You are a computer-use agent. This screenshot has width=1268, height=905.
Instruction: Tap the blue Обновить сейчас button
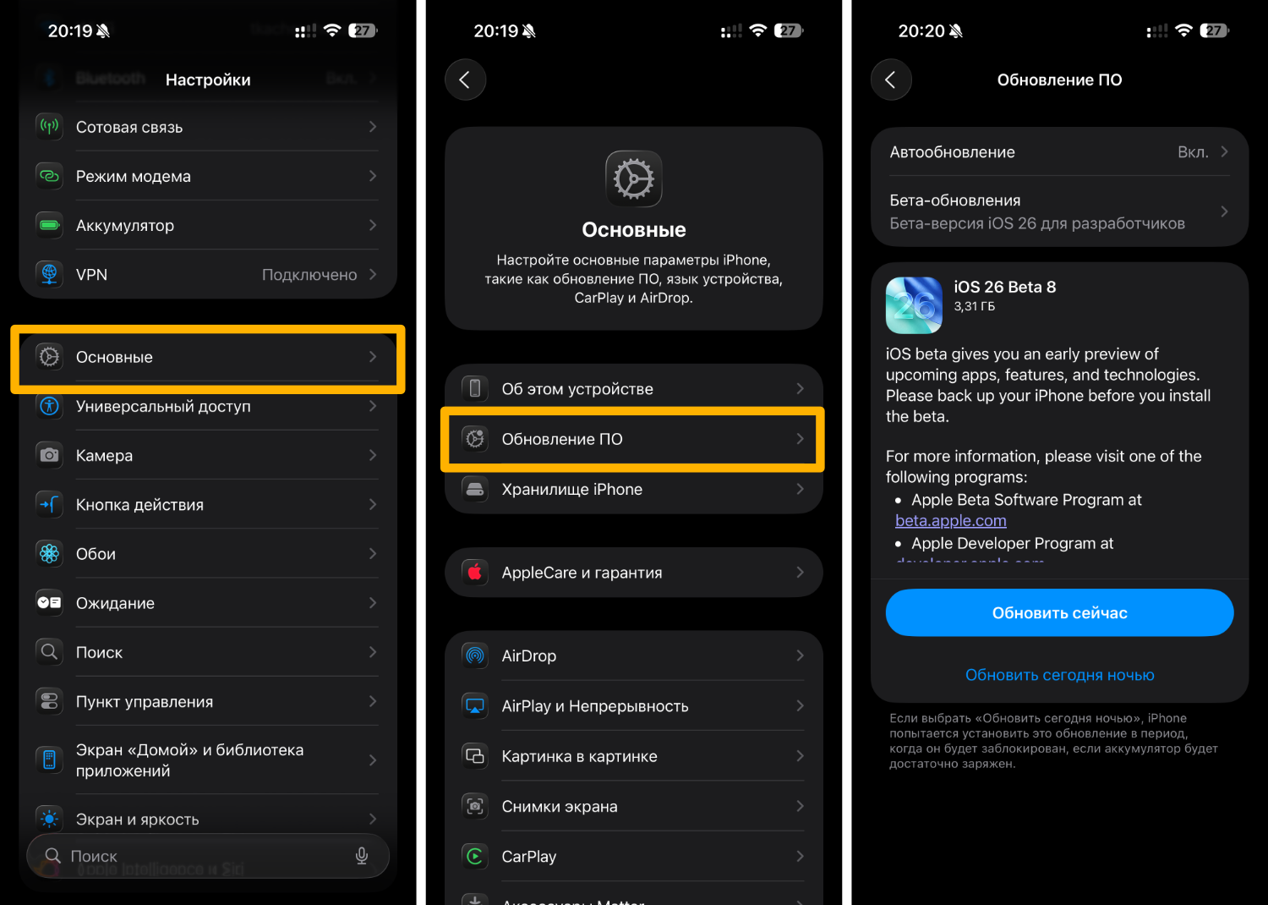1059,612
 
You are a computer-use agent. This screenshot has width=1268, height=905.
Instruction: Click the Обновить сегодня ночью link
1059,675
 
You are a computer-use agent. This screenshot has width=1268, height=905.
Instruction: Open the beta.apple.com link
950,521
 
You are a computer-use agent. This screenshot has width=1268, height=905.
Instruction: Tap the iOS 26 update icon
914,305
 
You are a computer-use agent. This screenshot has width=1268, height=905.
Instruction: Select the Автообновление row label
952,152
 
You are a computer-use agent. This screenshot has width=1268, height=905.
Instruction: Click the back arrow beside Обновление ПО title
891,80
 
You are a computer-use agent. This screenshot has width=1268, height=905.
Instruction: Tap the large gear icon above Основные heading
634,178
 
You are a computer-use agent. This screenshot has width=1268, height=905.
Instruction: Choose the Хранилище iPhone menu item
571,489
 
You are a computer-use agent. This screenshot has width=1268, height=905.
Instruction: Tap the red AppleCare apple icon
475,573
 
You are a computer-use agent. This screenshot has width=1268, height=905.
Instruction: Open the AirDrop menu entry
529,655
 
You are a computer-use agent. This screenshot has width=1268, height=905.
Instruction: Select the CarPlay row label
529,857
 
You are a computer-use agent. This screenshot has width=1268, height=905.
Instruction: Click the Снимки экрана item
560,807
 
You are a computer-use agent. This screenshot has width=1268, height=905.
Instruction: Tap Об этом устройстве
577,389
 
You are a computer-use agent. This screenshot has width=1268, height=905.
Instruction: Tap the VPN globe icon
50,274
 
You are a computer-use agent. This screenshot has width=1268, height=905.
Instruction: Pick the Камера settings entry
104,455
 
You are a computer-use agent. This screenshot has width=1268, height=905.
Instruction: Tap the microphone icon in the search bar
362,856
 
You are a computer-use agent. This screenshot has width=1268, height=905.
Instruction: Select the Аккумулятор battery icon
50,225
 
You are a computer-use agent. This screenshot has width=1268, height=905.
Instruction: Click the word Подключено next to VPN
309,275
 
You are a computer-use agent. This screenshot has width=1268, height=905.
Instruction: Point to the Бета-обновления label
954,200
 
